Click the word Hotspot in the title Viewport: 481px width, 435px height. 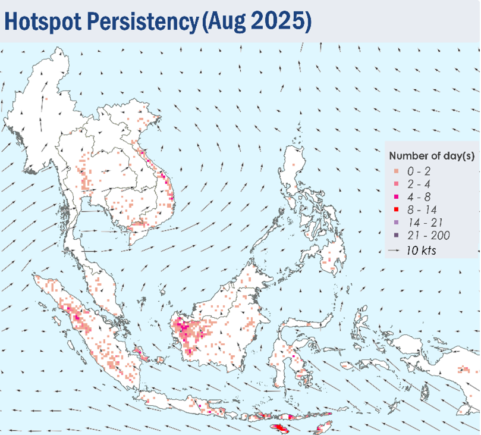[x=43, y=21]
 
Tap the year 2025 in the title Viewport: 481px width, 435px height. [x=277, y=21]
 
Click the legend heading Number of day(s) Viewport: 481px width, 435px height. [x=432, y=156]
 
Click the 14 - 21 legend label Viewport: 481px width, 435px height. [x=425, y=223]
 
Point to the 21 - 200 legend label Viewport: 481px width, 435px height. [x=429, y=236]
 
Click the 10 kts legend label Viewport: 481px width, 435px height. [x=421, y=250]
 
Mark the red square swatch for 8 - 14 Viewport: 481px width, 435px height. [x=397, y=209]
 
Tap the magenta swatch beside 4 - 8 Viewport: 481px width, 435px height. [x=397, y=196]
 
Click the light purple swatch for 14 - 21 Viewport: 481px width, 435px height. [x=397, y=222]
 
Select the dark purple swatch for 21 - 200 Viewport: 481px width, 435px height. [x=397, y=235]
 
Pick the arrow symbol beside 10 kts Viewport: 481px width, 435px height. [x=394, y=251]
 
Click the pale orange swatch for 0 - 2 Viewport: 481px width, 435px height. [x=397, y=171]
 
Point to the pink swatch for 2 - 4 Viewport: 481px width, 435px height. [x=397, y=183]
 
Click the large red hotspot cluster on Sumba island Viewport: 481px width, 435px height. [x=280, y=428]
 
